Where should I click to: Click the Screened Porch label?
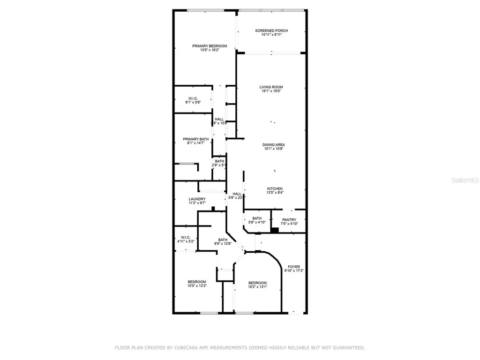(x=271, y=31)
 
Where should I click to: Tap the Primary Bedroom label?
(x=210, y=46)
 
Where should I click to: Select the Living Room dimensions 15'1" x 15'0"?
(x=272, y=91)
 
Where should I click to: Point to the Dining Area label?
(x=274, y=144)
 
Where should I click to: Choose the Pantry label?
(x=289, y=219)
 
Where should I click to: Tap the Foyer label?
(x=294, y=267)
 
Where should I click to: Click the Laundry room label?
(x=197, y=199)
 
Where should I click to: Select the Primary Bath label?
(x=196, y=139)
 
